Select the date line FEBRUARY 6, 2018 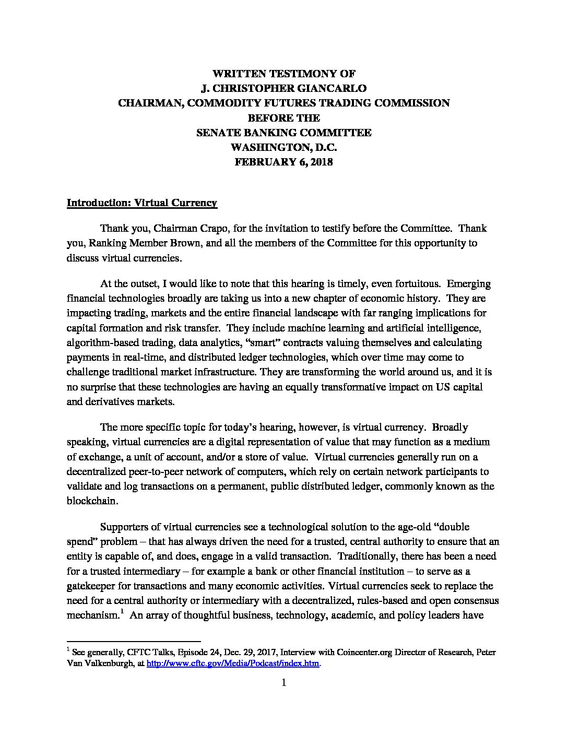pyautogui.click(x=283, y=162)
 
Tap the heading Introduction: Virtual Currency pyautogui.click(x=142, y=203)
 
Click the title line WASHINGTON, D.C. pyautogui.click(x=283, y=147)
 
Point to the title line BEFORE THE pyautogui.click(x=283, y=118)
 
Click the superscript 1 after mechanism pyautogui.click(x=122, y=612)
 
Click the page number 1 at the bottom pyautogui.click(x=284, y=683)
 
